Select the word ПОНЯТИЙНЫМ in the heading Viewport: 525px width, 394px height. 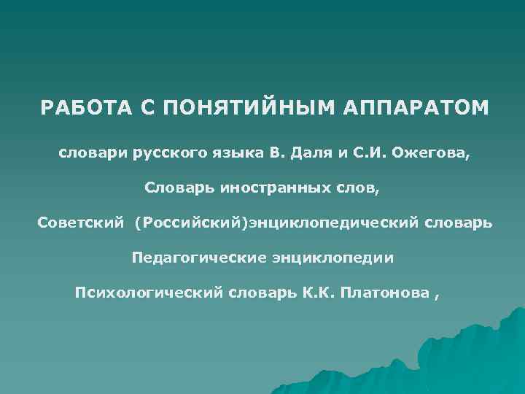(238, 109)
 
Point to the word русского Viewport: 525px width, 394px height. (166, 154)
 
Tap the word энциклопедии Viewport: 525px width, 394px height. (334, 258)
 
